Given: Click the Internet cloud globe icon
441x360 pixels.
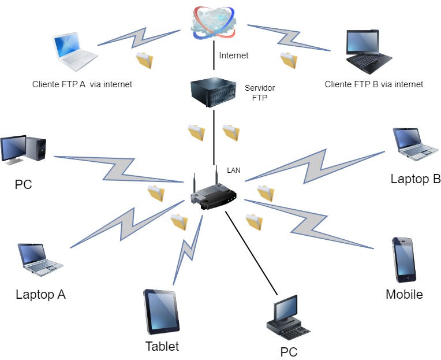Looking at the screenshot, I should click(x=214, y=20).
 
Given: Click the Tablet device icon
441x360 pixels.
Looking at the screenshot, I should click(x=160, y=311).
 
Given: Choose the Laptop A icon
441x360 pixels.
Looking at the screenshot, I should click(x=39, y=259).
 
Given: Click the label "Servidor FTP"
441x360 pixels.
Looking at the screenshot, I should click(x=260, y=92).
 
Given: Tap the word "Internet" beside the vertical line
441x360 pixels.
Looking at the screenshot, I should click(x=234, y=55).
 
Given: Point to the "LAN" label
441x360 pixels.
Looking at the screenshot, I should click(x=234, y=170).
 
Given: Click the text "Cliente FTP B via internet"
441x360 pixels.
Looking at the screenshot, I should click(x=374, y=84).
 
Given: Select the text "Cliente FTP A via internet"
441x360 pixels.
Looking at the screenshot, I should click(x=83, y=84).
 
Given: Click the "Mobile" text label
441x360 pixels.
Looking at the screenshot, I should click(x=404, y=294).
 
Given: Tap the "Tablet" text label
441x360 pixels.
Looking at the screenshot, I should click(x=162, y=347).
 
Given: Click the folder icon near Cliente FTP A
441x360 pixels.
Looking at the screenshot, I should click(x=144, y=60).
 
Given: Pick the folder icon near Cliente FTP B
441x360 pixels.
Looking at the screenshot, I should click(x=288, y=60).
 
